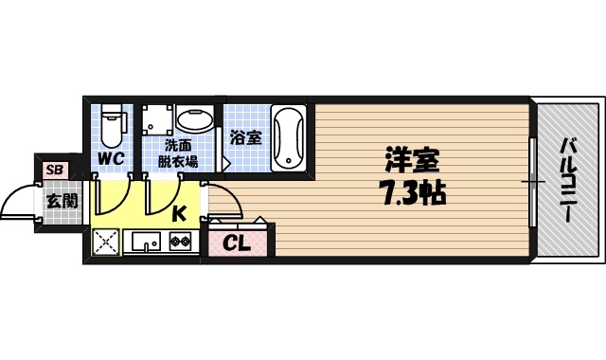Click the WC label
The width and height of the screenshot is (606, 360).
[112, 159]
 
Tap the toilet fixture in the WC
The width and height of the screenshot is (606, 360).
[112, 120]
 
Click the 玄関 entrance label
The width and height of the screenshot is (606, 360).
[62, 201]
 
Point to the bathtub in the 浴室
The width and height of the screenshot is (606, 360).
[289, 137]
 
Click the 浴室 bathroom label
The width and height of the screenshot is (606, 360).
[245, 137]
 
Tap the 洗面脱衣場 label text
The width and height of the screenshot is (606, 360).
[177, 153]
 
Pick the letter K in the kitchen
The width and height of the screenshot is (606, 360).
[178, 214]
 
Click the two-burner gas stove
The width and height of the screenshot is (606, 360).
[180, 242]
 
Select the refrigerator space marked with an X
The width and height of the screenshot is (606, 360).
[105, 242]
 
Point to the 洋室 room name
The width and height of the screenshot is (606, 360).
[411, 160]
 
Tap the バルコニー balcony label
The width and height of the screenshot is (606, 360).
[568, 179]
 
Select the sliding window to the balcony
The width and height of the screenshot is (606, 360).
[532, 180]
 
